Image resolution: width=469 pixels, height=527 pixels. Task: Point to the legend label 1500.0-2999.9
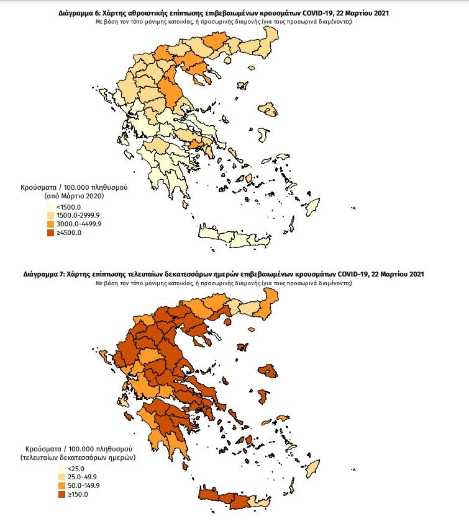point(78,215)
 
